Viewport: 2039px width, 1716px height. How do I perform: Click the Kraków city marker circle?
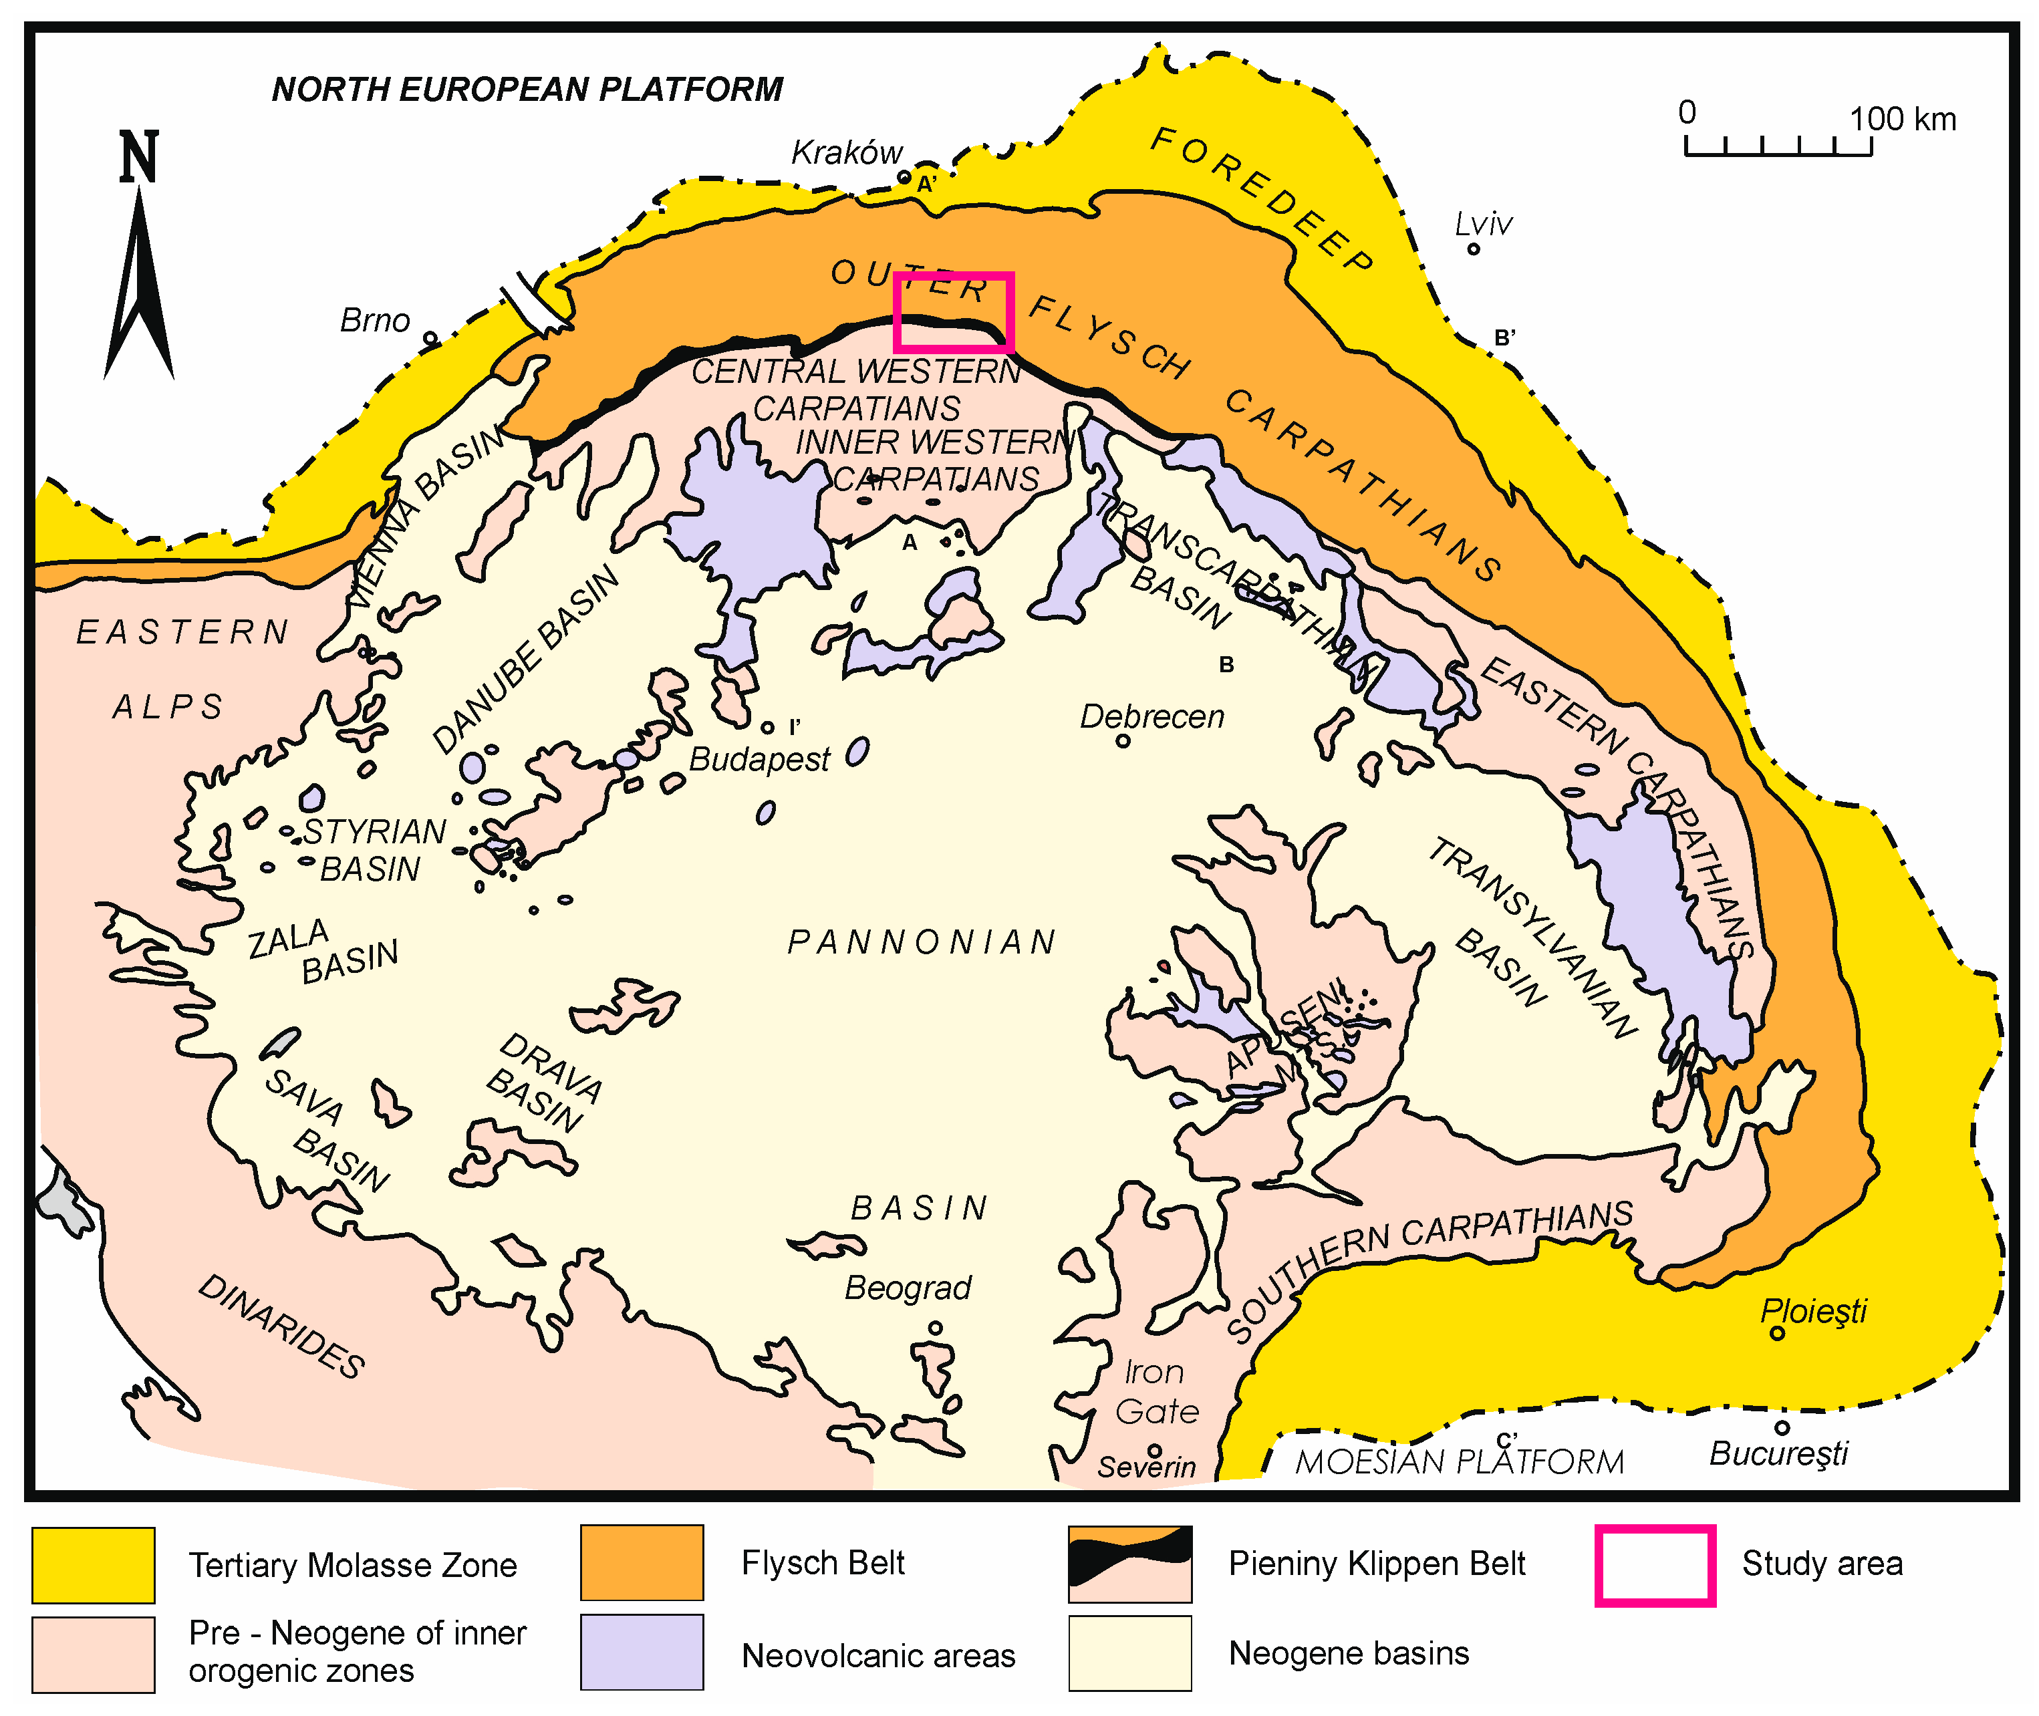[904, 178]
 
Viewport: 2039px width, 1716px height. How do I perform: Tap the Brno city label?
[374, 320]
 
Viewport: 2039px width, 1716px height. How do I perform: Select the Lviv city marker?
[1473, 249]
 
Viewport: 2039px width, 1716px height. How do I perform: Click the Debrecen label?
[1151, 717]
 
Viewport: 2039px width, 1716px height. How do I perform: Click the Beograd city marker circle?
[935, 1327]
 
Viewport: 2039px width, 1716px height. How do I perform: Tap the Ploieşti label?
[1813, 1310]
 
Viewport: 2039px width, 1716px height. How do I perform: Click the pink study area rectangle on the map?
[954, 275]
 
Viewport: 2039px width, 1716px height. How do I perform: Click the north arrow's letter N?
[138, 158]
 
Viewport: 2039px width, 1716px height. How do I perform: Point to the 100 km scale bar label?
[1902, 120]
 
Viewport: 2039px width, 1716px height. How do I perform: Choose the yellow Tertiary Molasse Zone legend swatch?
[94, 1565]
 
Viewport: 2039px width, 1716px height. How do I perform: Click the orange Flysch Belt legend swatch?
[642, 1563]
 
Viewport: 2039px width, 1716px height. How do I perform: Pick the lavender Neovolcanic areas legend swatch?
[642, 1653]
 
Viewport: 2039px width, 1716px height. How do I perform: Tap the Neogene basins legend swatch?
[1129, 1653]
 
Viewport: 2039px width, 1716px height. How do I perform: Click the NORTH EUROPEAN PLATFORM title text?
[526, 90]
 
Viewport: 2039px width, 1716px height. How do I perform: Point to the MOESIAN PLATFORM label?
[1459, 1462]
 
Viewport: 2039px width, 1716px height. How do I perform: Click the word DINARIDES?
[281, 1326]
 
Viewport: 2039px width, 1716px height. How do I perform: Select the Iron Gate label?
[1155, 1391]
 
